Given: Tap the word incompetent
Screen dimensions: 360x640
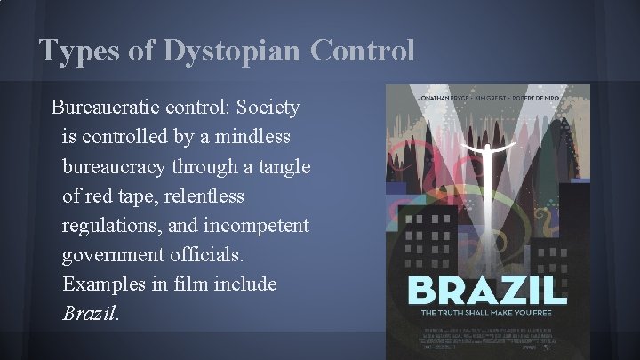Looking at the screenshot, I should point(259,225).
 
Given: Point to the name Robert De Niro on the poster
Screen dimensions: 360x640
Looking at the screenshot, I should point(548,91).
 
